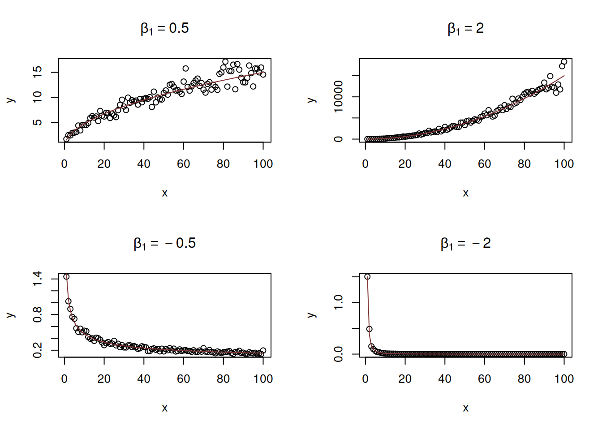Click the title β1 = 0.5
(164, 29)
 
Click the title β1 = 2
(465, 29)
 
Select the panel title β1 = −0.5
(164, 244)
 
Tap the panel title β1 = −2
(465, 244)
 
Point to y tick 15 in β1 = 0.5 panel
(38, 72)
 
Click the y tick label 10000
(339, 97)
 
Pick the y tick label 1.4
(38, 279)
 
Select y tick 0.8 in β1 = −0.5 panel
(38, 314)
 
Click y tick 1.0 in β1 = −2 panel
(339, 303)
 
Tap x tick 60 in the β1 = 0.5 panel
(184, 164)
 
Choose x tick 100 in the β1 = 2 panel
(564, 164)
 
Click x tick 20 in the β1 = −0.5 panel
(104, 379)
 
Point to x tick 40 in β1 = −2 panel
(445, 379)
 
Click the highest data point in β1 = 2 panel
(564, 62)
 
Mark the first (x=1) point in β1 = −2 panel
(367, 277)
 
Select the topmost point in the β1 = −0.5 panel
(66, 277)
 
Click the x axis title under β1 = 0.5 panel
(164, 193)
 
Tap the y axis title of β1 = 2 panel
(312, 100)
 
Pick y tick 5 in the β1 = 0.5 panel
(38, 122)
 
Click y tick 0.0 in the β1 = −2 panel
(339, 354)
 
